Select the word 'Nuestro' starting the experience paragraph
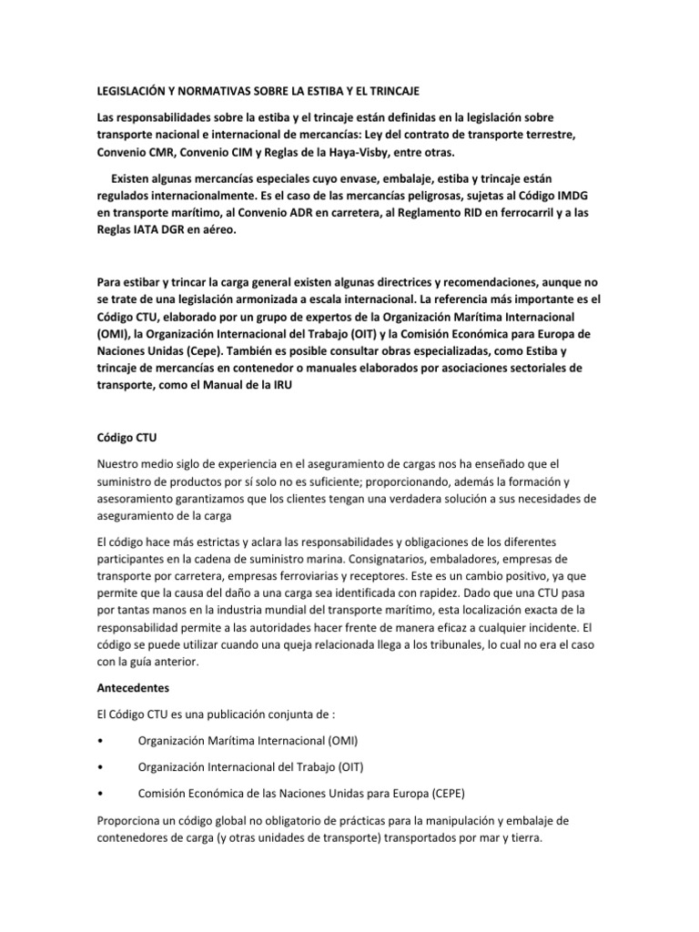point(121,464)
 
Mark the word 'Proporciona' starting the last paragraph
point(136,817)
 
